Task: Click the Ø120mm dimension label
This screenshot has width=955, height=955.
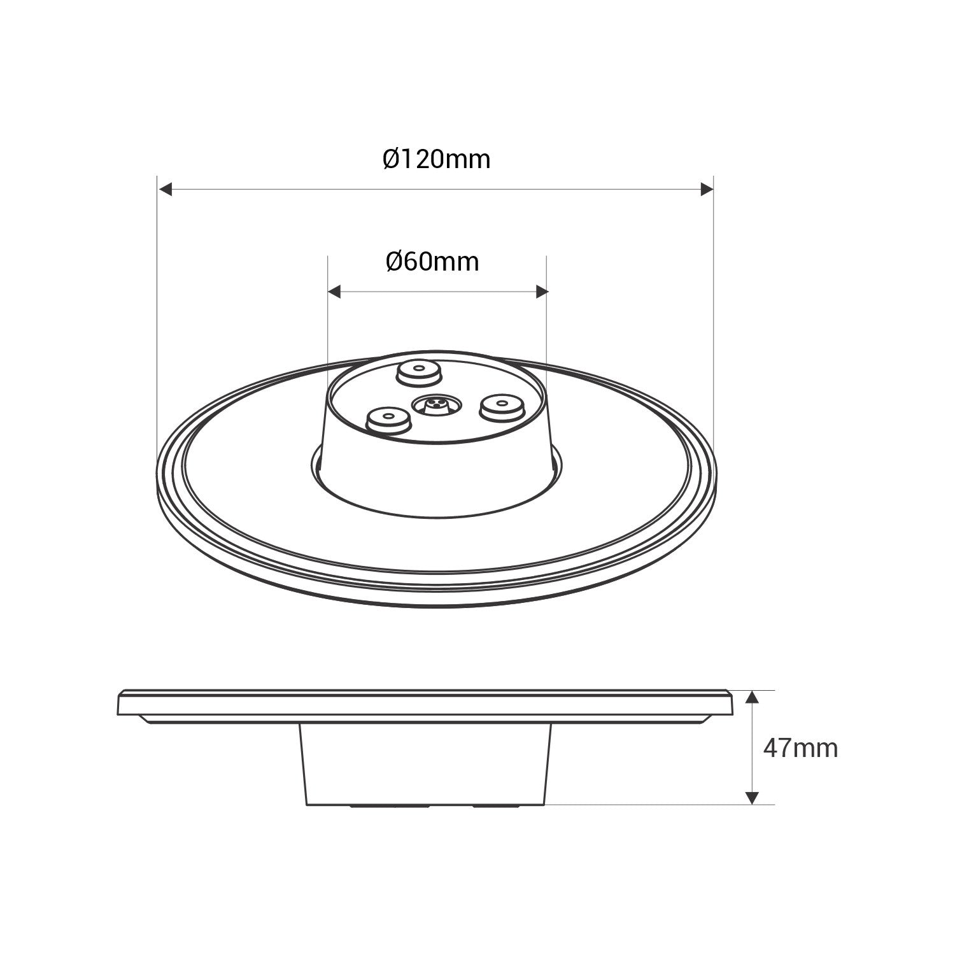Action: click(437, 159)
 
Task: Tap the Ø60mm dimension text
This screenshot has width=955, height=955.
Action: click(432, 262)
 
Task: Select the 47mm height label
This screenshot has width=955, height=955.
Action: click(800, 748)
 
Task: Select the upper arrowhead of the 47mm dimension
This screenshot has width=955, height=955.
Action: click(753, 698)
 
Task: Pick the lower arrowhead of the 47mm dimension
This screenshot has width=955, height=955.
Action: click(753, 796)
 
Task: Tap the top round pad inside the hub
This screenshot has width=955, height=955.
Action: click(418, 372)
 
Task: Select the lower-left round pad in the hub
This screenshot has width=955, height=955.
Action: click(388, 420)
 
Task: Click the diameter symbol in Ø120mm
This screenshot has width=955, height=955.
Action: click(392, 159)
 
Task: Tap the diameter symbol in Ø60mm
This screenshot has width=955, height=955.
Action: click(395, 262)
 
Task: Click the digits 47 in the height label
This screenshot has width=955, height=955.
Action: click(777, 748)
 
